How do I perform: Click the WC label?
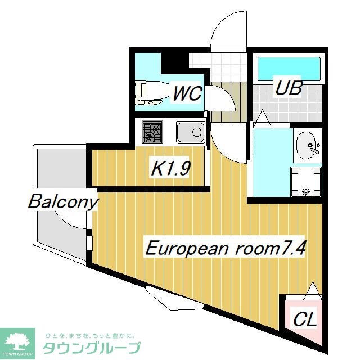click(x=187, y=93)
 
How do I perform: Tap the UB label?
click(x=289, y=88)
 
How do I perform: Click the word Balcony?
click(x=63, y=201)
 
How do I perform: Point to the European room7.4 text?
click(x=226, y=249)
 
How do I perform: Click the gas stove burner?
click(x=152, y=133)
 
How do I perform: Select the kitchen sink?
click(x=190, y=133)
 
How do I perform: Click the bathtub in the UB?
click(x=289, y=69)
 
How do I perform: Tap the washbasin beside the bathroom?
click(x=308, y=145)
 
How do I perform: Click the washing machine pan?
click(x=307, y=181)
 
